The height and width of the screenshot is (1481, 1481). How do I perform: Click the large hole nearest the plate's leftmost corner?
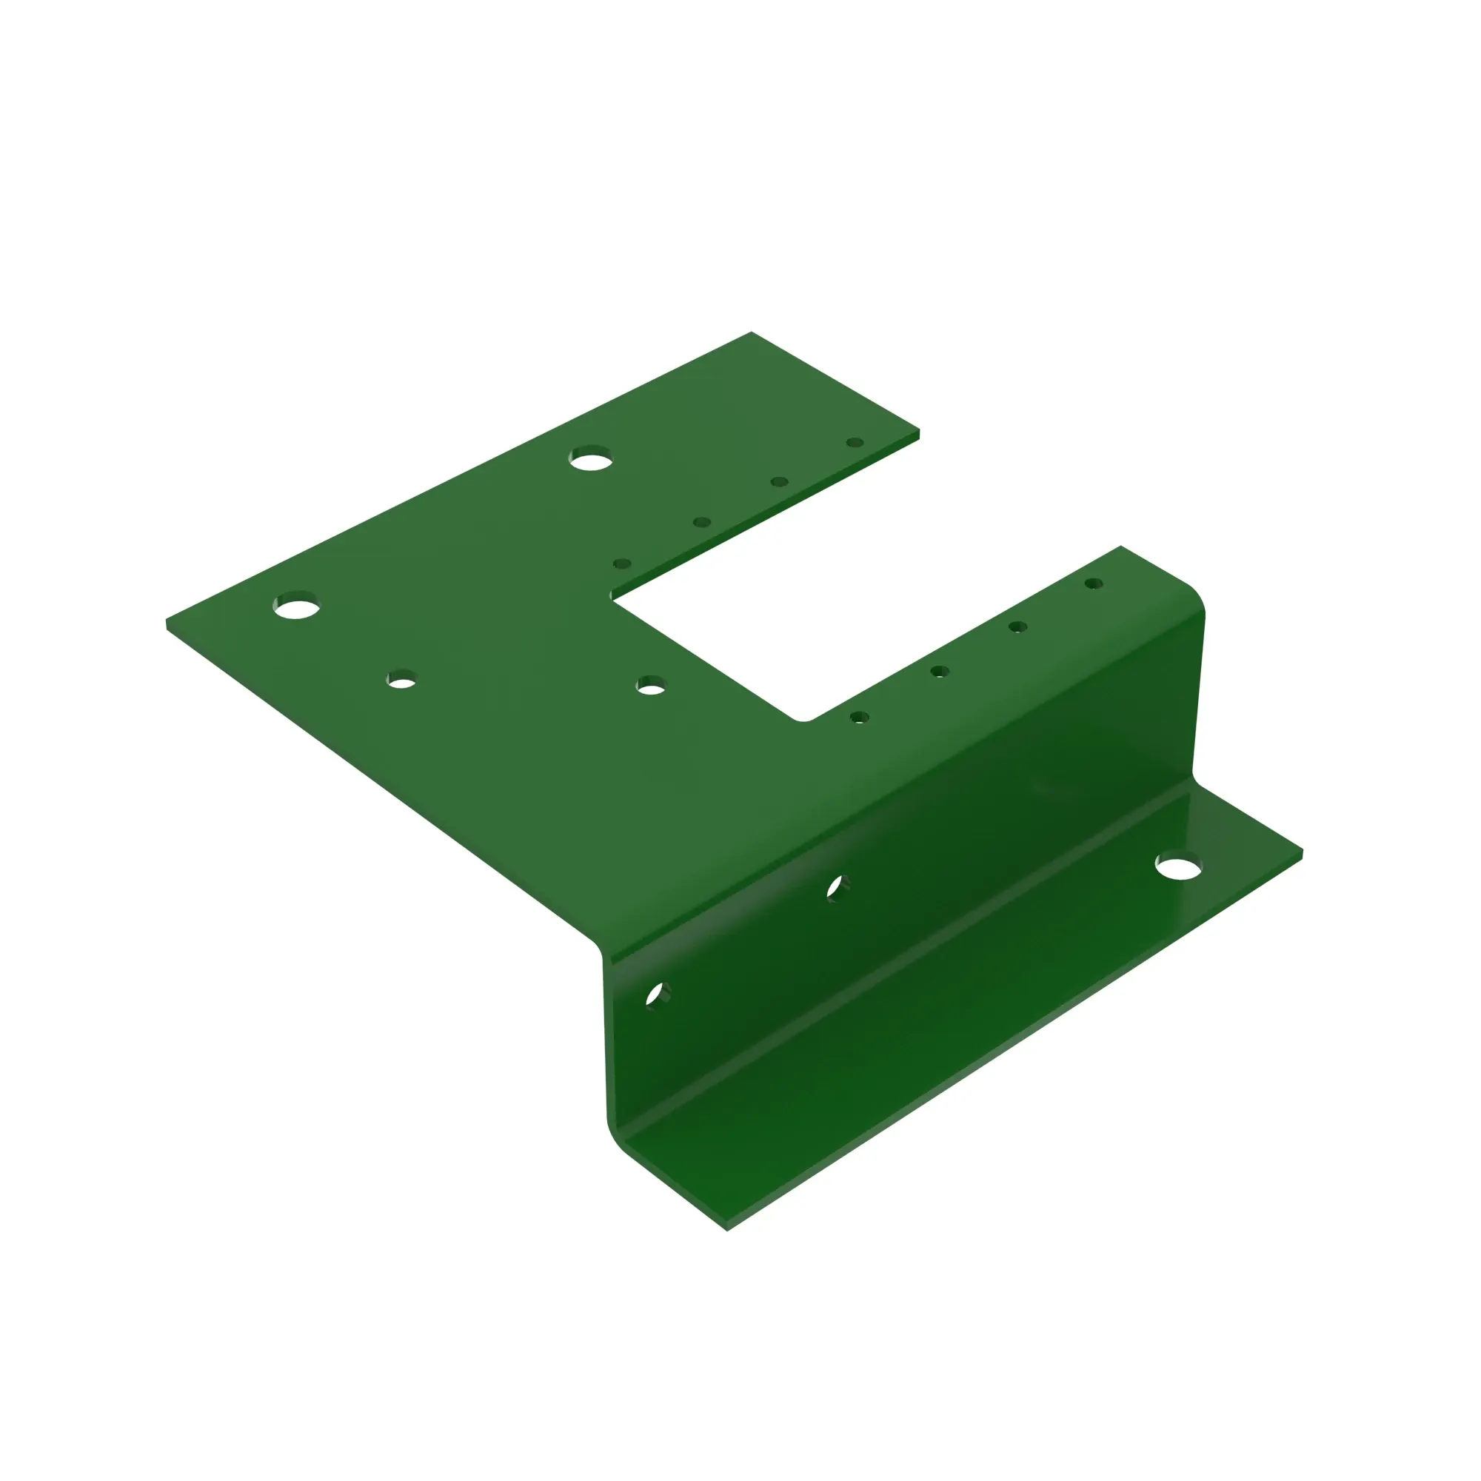(296, 606)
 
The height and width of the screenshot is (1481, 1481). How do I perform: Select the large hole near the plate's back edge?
(591, 459)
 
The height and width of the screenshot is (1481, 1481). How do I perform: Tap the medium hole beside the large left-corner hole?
(401, 680)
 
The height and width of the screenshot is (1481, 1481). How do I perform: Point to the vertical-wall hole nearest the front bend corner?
(656, 995)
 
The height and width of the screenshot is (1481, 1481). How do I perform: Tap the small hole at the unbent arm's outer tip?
(855, 443)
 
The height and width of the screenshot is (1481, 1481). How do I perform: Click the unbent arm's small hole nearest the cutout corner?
(623, 564)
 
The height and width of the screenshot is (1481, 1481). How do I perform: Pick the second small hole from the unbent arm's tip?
(780, 482)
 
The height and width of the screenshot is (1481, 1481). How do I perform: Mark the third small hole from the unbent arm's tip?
(701, 523)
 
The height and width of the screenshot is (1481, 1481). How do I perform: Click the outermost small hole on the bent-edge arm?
(1094, 584)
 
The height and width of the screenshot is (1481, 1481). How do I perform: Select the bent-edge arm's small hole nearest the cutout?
(859, 718)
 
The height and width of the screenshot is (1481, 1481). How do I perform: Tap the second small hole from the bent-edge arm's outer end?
(1018, 627)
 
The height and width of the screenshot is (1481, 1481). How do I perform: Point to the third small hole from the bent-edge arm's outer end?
(940, 672)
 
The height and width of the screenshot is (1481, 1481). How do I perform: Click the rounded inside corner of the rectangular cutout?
(803, 718)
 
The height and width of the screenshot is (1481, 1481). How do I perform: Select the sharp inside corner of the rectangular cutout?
(612, 598)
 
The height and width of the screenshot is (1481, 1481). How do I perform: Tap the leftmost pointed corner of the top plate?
(167, 622)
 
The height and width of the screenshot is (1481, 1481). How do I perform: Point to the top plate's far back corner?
(751, 332)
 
